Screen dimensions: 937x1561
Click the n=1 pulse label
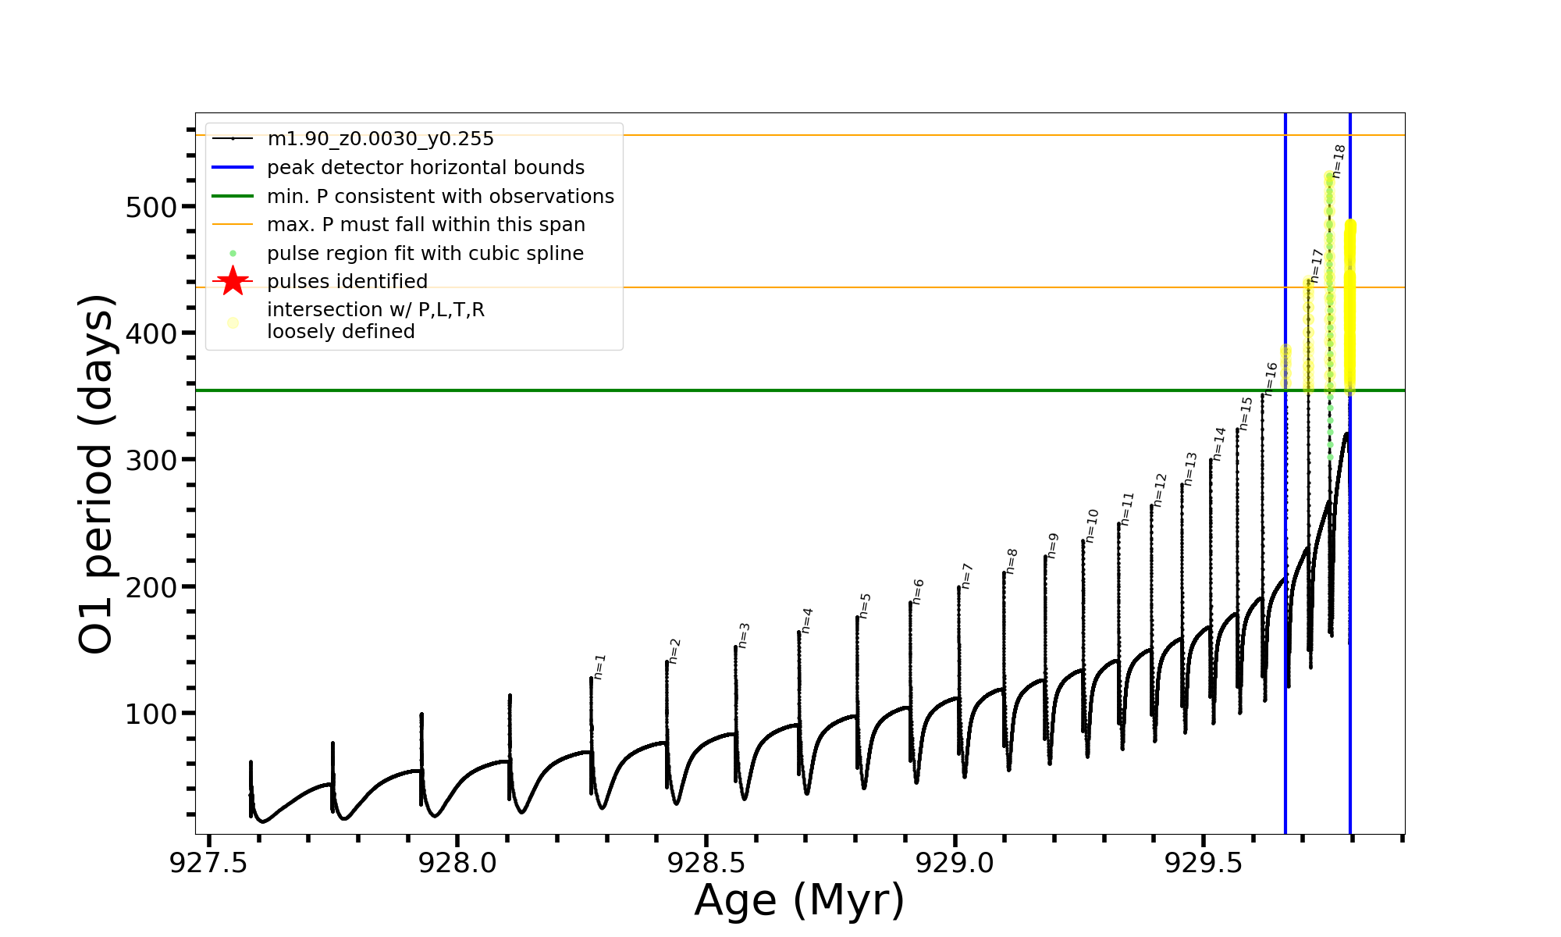click(x=599, y=667)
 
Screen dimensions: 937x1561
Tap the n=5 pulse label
click(x=865, y=606)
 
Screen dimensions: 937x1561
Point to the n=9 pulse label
click(x=1053, y=546)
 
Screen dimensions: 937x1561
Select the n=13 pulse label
click(x=1190, y=469)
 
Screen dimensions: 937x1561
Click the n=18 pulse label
click(x=1339, y=162)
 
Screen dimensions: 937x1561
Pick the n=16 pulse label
click(x=1271, y=379)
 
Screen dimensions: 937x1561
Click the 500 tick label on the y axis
click(x=151, y=208)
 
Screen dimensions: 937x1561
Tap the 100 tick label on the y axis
click(x=151, y=714)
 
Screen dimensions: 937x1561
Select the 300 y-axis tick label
click(x=151, y=461)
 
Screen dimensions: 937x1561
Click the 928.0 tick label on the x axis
click(x=457, y=863)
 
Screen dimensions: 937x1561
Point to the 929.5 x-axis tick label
click(x=1204, y=863)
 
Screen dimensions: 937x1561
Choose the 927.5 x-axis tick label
click(x=208, y=863)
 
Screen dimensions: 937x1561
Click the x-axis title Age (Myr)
click(x=799, y=900)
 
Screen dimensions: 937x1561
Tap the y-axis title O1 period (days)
click(x=97, y=474)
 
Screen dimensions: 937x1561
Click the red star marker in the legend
click(x=233, y=281)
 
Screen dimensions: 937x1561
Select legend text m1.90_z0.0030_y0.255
click(x=380, y=139)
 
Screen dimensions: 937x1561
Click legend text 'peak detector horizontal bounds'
click(x=425, y=168)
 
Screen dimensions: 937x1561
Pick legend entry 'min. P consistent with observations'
click(x=440, y=196)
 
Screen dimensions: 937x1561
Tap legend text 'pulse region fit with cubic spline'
click(x=425, y=254)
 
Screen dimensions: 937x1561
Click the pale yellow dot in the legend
click(x=233, y=322)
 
